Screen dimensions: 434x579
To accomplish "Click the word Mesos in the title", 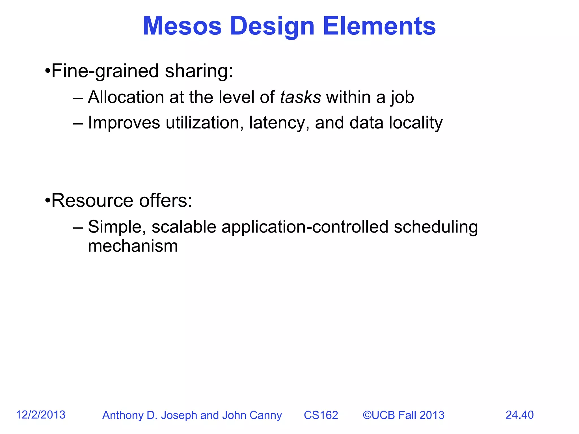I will [x=182, y=26].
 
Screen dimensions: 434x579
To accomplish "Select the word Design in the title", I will [x=272, y=26].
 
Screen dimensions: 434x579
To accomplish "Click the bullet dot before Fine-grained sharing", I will [x=47, y=71].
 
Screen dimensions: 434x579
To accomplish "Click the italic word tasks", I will [x=300, y=97].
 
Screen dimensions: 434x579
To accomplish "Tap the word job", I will [x=402, y=98].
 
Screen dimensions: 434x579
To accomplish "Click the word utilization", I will [x=203, y=123].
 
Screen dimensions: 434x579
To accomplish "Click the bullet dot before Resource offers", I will [x=47, y=201].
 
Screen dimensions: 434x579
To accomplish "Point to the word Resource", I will [x=92, y=201].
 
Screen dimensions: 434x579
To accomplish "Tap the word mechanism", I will [x=133, y=246].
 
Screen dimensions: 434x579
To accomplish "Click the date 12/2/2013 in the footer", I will [x=41, y=415].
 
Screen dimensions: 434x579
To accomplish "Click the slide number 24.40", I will [x=519, y=415].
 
